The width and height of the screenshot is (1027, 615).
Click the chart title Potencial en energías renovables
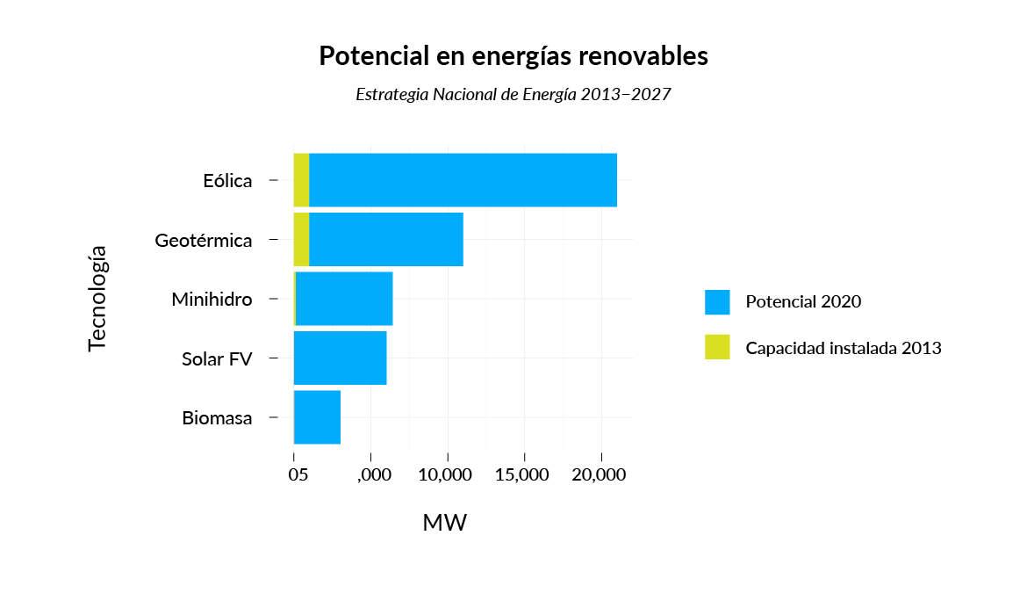[513, 56]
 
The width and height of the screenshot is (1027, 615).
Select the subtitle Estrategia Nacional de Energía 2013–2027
[513, 94]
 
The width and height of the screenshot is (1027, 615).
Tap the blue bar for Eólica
[463, 180]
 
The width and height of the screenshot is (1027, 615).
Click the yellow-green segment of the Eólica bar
[301, 180]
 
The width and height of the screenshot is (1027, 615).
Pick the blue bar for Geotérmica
[385, 240]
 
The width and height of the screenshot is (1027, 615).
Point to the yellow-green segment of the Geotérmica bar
[301, 240]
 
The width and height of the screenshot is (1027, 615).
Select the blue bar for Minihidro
[344, 299]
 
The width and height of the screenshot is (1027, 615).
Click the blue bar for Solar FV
[341, 358]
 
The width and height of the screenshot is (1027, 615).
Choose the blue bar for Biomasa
[317, 417]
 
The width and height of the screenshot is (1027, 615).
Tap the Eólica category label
[227, 181]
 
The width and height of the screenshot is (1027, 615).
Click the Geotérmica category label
[204, 240]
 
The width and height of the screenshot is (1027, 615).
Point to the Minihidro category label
[212, 300]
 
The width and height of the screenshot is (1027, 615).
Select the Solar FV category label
[217, 358]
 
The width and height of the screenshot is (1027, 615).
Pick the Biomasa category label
[217, 418]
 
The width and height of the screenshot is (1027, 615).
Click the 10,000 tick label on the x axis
[448, 475]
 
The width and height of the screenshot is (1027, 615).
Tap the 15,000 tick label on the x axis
[524, 475]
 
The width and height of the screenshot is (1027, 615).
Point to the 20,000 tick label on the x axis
[600, 475]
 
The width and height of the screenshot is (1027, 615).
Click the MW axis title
[445, 523]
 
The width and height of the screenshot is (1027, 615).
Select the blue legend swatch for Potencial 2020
[717, 302]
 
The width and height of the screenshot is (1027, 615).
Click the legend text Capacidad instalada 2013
[844, 348]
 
